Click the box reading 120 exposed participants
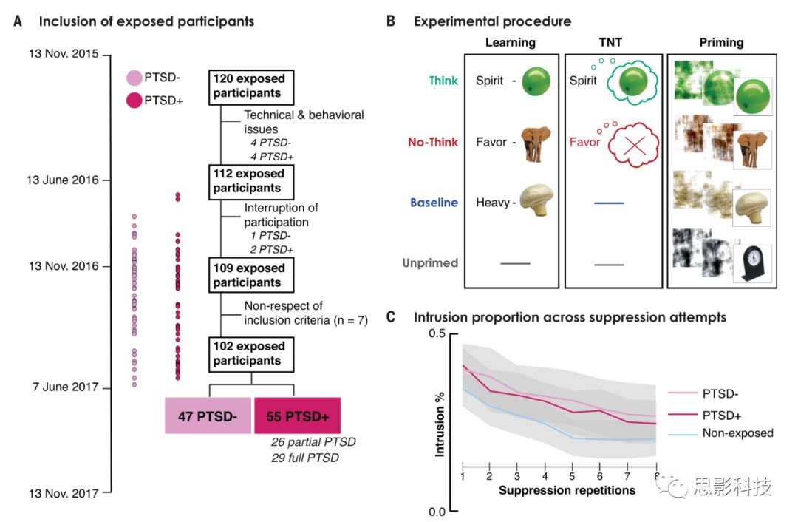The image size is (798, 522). coord(251,86)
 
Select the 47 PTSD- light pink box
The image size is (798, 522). coord(208,415)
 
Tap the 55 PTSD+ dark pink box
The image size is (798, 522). coord(297,415)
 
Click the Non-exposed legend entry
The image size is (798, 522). coord(737,433)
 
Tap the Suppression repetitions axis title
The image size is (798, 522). coord(567,490)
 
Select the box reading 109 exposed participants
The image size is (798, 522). coord(251,275)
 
